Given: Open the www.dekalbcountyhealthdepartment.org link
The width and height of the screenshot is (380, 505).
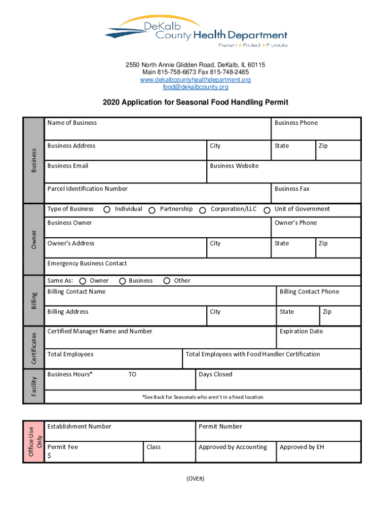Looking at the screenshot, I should [195, 80].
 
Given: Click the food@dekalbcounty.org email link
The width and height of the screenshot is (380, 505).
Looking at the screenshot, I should [195, 87].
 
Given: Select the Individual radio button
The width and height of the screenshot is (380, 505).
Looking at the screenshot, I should [107, 210].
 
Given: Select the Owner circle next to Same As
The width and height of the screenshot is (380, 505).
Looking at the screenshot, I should [82, 281].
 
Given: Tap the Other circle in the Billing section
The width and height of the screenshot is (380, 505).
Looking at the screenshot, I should [167, 281].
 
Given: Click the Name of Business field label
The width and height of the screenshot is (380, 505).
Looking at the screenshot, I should [72, 123].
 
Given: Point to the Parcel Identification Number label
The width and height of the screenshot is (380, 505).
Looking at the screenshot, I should [87, 189].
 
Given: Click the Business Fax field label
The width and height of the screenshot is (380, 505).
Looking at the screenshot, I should [292, 189].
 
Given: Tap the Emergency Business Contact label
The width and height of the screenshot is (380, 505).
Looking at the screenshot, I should [87, 263].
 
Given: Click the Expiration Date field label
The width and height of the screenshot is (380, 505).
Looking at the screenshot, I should [301, 331].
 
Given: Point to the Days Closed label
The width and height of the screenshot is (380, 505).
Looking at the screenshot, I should [215, 374].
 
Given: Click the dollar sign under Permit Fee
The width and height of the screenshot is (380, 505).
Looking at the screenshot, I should [49, 456].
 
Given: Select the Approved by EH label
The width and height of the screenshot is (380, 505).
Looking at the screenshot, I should [302, 447].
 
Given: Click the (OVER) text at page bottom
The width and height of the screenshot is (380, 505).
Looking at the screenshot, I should [195, 479].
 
